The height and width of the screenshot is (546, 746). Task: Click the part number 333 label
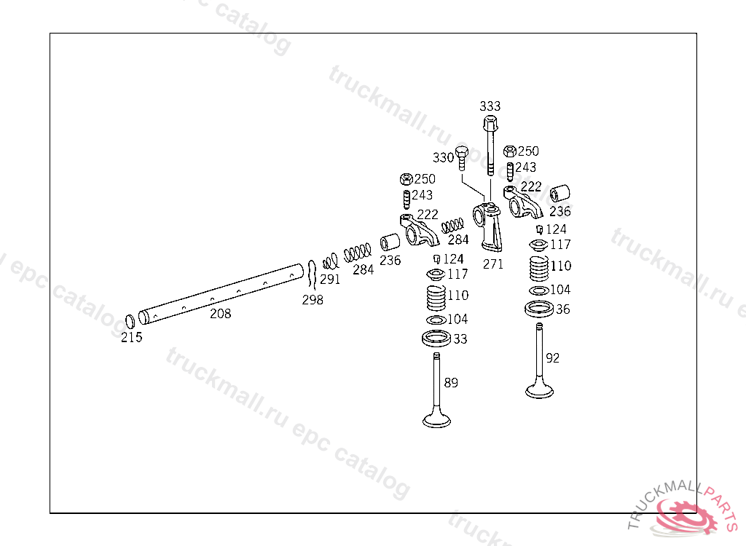coord(490,106)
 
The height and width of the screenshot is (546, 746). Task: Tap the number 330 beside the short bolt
coord(443,157)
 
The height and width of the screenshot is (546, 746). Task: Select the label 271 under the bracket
coord(493,264)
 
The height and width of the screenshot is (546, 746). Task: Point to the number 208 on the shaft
coord(220,314)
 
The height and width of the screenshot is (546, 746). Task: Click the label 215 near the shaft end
coord(132,337)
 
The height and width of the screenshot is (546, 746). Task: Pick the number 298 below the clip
coord(313,300)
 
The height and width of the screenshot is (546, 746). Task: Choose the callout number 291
coord(330,279)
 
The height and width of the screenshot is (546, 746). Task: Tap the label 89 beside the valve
coord(451,382)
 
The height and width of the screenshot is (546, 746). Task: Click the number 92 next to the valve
coord(553,357)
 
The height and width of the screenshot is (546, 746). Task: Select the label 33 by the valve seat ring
coord(460,339)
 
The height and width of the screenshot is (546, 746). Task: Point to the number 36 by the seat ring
coord(563,309)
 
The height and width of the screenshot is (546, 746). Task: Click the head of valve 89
coord(437,419)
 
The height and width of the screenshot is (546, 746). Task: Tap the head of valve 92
coord(539,391)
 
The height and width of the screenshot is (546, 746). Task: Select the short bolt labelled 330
coord(461,157)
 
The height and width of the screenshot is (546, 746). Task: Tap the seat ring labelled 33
coord(436,338)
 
